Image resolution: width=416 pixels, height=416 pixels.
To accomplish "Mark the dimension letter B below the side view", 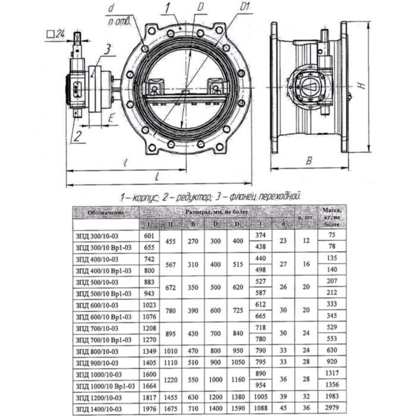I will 309,160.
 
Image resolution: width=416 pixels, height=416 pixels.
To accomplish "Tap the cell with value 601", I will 149,235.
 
